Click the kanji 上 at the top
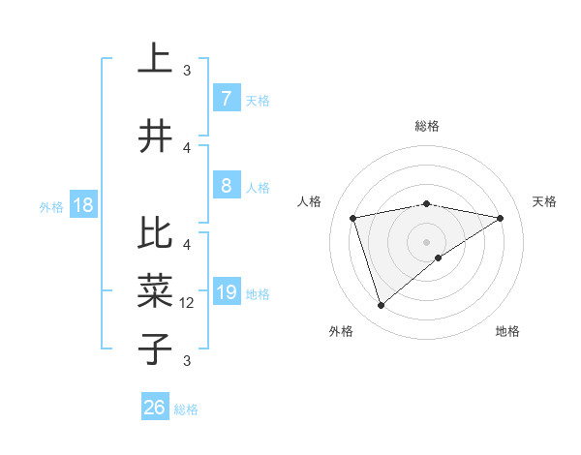(155, 60)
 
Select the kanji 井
(155, 136)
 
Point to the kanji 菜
(155, 289)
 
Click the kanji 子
(155, 347)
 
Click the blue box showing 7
(226, 99)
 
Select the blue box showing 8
(226, 186)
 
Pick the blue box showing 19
(226, 292)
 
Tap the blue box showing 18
(82, 206)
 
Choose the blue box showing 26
(155, 408)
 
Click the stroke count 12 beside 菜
(188, 303)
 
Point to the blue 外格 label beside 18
(51, 207)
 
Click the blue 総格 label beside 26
(186, 409)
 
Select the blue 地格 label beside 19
(258, 293)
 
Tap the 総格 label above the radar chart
(427, 126)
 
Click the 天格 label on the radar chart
(545, 201)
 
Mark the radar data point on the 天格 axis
(501, 218)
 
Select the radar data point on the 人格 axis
(353, 218)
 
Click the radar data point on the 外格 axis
(381, 306)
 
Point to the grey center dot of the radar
(427, 241)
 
